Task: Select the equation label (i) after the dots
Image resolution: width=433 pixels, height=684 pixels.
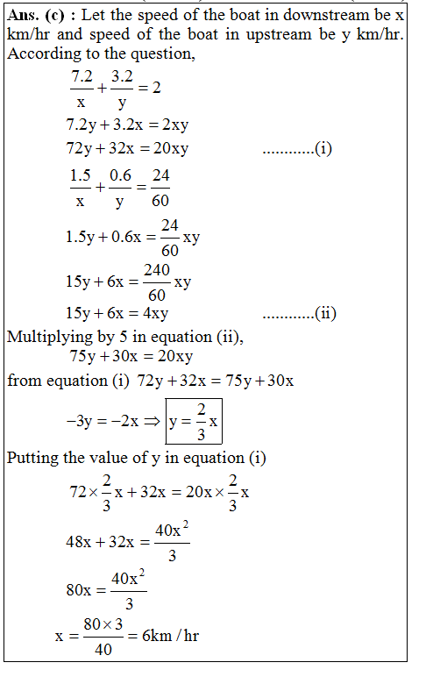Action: coord(323,148)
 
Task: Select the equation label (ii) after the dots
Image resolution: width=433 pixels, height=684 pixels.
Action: coord(326,313)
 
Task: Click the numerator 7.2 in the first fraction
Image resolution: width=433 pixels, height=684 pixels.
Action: coord(82,78)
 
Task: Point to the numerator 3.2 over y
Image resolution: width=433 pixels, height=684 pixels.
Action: coord(122,78)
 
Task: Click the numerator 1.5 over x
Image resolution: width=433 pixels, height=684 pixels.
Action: coord(82,176)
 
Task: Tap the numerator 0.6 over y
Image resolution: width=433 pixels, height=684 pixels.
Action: coord(120,176)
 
